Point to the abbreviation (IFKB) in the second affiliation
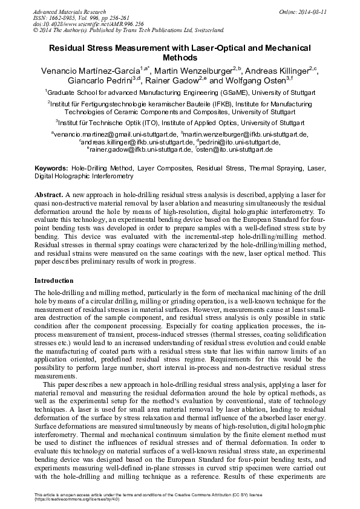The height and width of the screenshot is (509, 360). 207,104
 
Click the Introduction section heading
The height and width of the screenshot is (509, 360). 54,280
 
